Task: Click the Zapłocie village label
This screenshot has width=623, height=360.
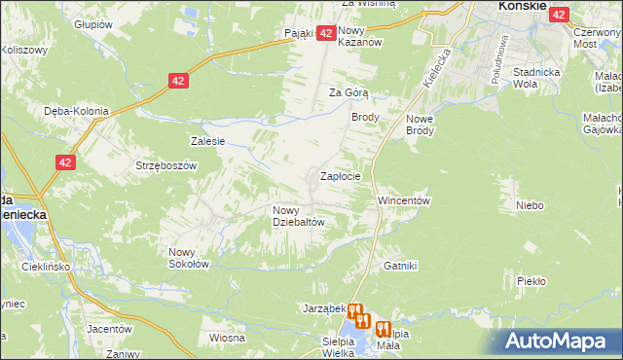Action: point(341,177)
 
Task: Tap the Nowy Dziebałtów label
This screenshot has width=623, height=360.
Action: point(298,215)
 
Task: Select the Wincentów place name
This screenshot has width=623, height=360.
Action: point(404,199)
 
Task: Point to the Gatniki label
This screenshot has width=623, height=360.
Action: point(400,265)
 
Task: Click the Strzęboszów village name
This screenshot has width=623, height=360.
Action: point(166,165)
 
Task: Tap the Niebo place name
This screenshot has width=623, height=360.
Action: point(530,205)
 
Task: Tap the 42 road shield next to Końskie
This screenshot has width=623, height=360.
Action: point(559,15)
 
